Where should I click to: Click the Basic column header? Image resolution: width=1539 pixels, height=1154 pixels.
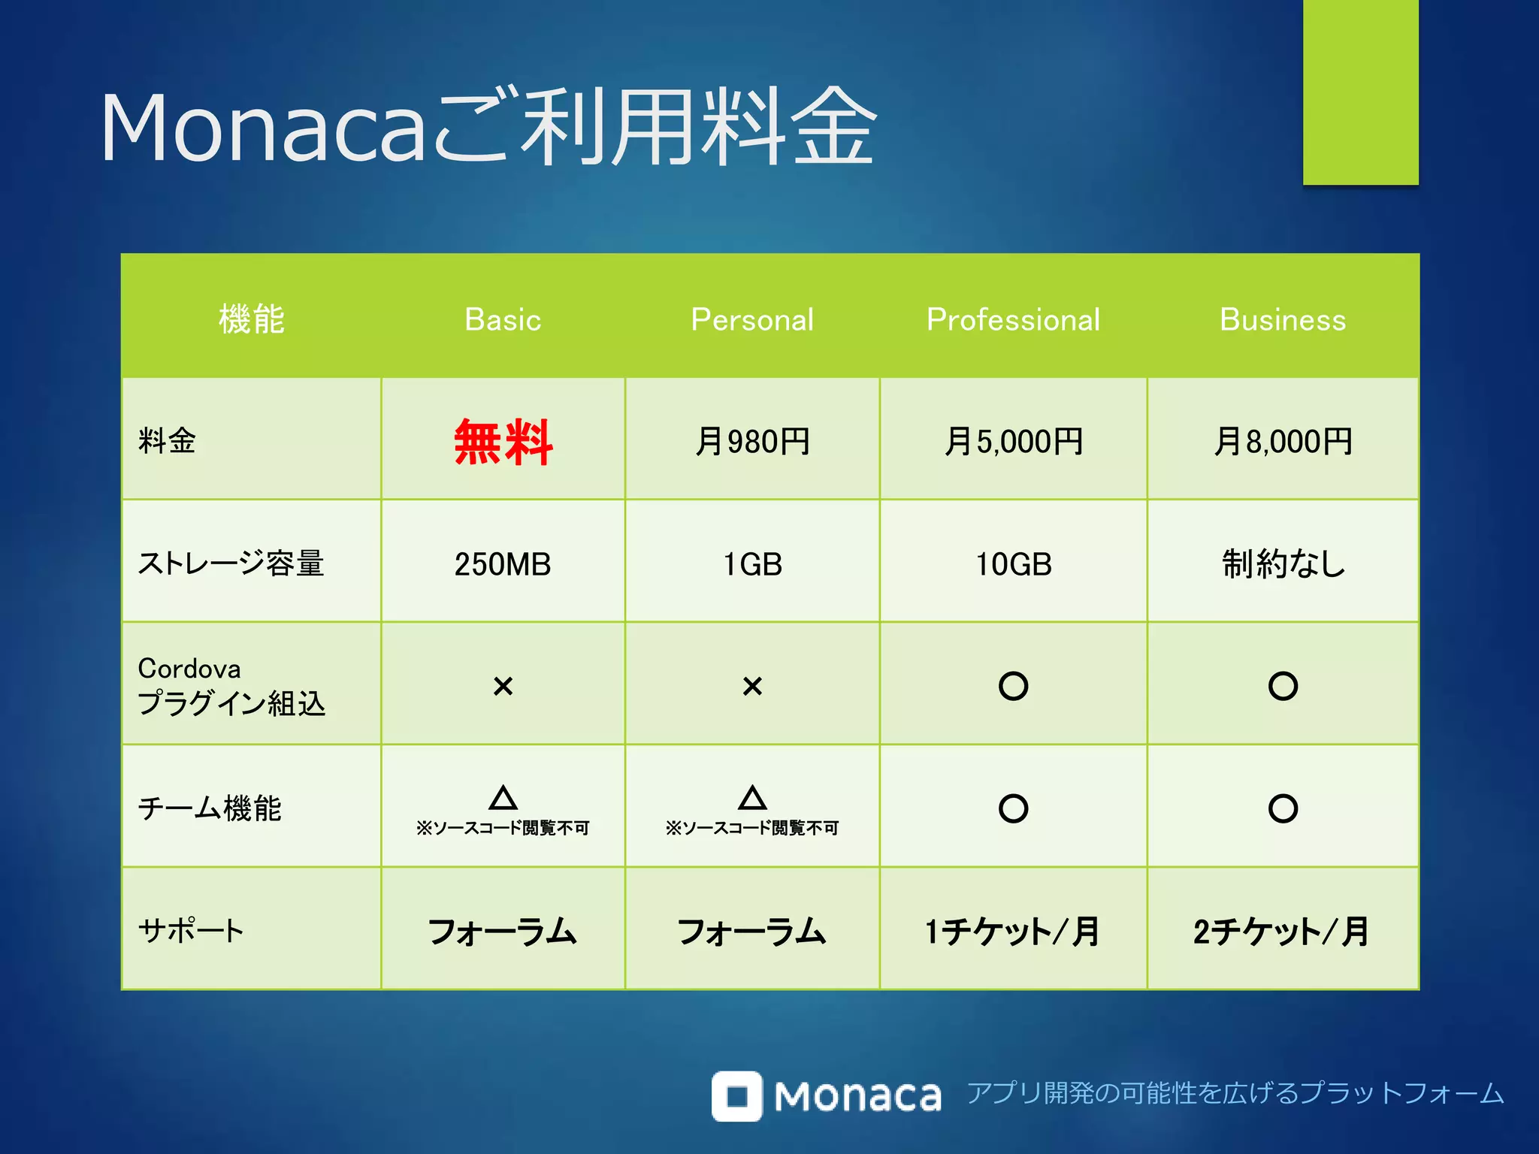pyautogui.click(x=503, y=319)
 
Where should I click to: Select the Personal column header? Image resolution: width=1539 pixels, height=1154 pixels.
pyautogui.click(x=752, y=319)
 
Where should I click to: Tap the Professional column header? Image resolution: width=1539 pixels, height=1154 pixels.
pyautogui.click(x=1013, y=319)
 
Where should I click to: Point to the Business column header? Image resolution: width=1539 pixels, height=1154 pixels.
pyautogui.click(x=1283, y=319)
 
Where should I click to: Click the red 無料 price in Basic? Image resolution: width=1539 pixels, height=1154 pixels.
pyautogui.click(x=503, y=442)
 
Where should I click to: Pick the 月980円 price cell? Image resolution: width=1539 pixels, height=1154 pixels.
pyautogui.click(x=752, y=441)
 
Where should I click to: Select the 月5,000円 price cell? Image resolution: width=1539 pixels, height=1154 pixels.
pyautogui.click(x=1013, y=441)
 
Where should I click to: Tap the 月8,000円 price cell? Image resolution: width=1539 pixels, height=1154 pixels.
pyautogui.click(x=1283, y=441)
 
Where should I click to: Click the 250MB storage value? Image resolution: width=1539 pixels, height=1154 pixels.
pyautogui.click(x=503, y=563)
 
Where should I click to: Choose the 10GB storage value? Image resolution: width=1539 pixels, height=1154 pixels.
pyautogui.click(x=1013, y=563)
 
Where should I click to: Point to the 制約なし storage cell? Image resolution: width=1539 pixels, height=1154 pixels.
pyautogui.click(x=1283, y=563)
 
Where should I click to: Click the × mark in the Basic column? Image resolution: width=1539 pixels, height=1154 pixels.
pyautogui.click(x=503, y=686)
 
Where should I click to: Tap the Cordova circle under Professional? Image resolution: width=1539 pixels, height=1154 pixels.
pyautogui.click(x=1013, y=686)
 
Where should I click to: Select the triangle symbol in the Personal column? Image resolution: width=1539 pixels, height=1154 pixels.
pyautogui.click(x=752, y=798)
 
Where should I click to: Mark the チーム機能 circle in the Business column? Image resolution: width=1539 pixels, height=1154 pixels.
pyautogui.click(x=1283, y=808)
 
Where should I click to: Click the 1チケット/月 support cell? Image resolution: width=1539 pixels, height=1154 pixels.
pyautogui.click(x=1013, y=932)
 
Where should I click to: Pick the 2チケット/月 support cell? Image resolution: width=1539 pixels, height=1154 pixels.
pyautogui.click(x=1283, y=932)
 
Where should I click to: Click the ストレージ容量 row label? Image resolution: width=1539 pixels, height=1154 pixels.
pyautogui.click(x=231, y=563)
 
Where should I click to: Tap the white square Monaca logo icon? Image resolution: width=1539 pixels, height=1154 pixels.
pyautogui.click(x=736, y=1095)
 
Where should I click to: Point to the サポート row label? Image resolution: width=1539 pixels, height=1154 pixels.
pyautogui.click(x=191, y=931)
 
